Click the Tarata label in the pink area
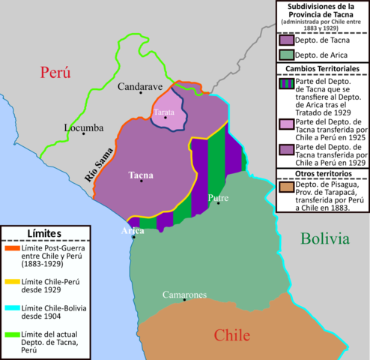[165, 112]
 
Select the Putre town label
[218, 198]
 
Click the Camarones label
[185, 295]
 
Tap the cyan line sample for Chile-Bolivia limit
[14, 307]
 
